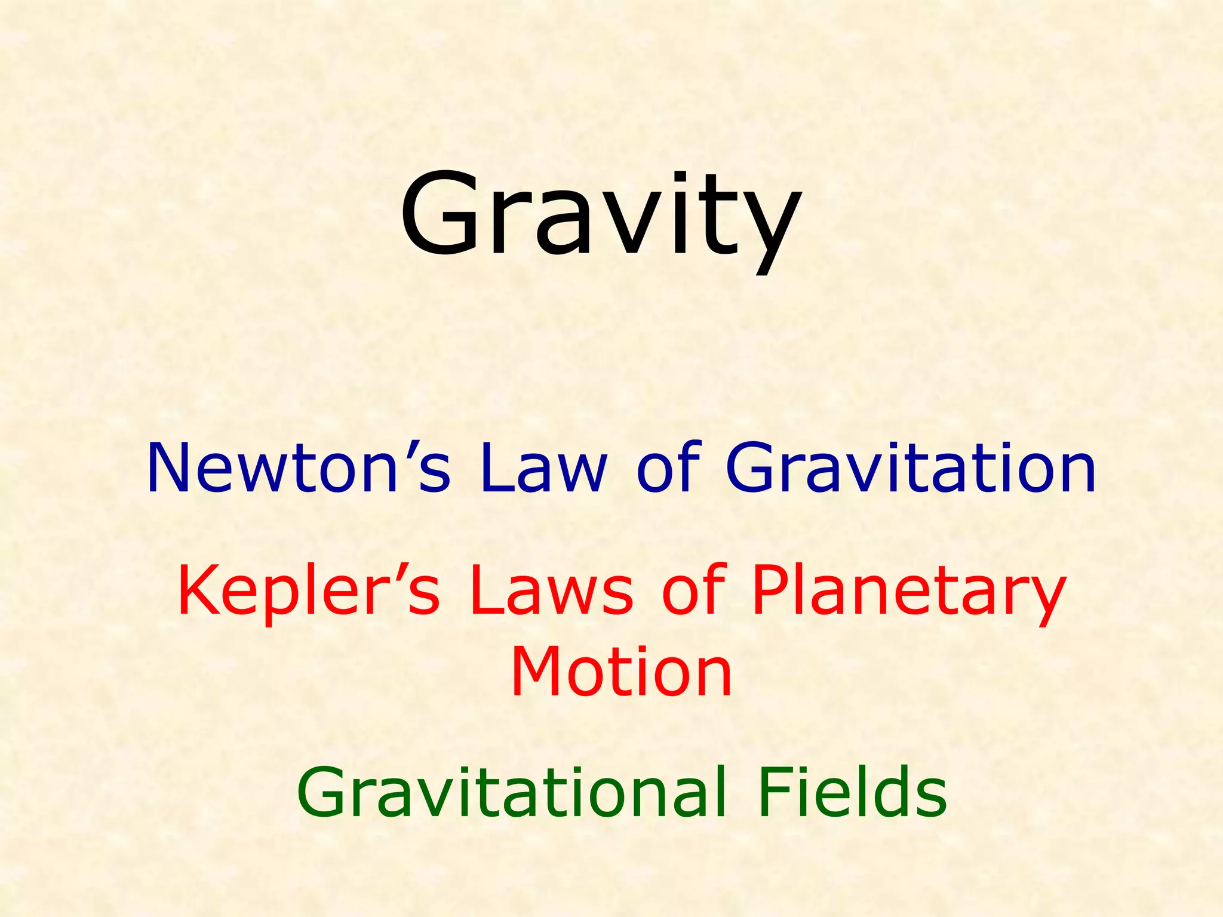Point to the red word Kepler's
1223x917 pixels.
pyautogui.click(x=308, y=591)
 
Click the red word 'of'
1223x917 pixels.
pyautogui.click(x=693, y=591)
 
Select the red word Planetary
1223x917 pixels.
pyautogui.click(x=908, y=594)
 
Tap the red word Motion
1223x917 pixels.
pyautogui.click(x=621, y=672)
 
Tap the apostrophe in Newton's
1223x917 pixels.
pyautogui.click(x=408, y=448)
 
